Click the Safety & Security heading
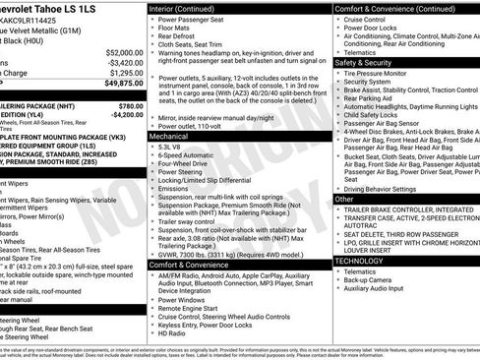[368, 62]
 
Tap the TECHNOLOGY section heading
[360, 261]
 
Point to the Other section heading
[344, 199]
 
